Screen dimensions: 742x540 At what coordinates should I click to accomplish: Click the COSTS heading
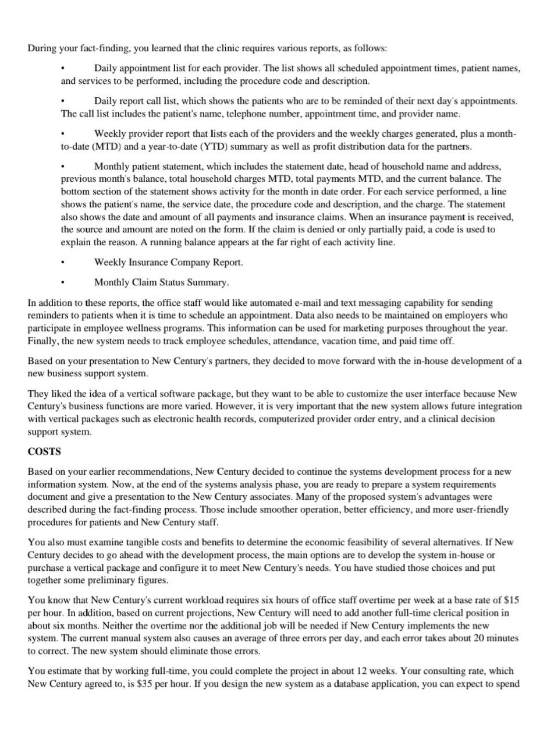coord(44,451)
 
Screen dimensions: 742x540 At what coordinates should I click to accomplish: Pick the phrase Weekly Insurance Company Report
coord(168,263)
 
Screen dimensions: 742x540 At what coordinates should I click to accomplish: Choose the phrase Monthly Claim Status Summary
coord(161,282)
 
